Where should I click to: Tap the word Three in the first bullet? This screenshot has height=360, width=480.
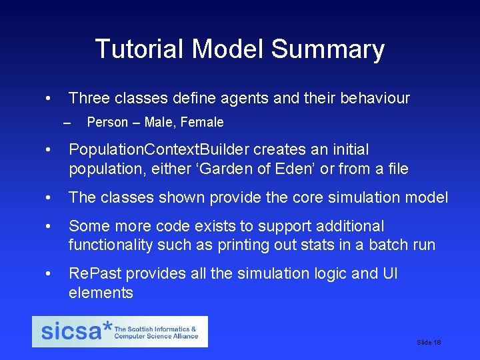(89, 99)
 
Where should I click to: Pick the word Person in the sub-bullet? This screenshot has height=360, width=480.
(107, 122)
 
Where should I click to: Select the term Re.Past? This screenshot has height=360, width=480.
(95, 273)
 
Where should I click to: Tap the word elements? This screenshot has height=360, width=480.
(101, 293)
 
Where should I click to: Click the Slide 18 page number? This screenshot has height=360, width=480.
(429, 342)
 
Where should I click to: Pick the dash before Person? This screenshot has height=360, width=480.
(65, 123)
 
